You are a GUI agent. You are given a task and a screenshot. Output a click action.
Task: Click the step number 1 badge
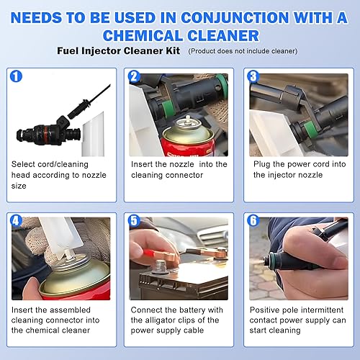tap(17, 76)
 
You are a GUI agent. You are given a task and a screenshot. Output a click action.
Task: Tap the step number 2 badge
tap(134, 76)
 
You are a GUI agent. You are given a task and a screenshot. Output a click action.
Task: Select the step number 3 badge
tap(252, 76)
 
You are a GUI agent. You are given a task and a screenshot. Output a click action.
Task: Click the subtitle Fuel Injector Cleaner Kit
tap(119, 51)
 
